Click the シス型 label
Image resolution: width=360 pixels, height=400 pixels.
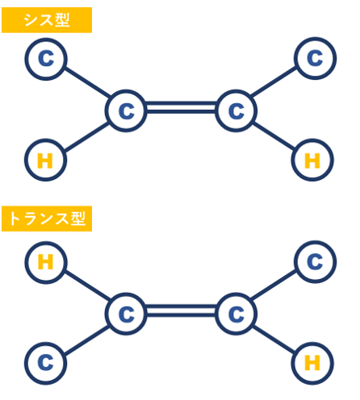(x=47, y=20)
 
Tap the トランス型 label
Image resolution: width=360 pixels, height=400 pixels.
(x=47, y=219)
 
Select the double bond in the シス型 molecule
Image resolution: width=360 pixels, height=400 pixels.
(x=181, y=107)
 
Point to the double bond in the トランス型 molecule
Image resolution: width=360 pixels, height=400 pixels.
(x=181, y=310)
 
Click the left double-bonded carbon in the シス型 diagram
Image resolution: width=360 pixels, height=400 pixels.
(x=126, y=110)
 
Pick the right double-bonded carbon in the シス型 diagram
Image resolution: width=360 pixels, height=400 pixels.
(x=237, y=110)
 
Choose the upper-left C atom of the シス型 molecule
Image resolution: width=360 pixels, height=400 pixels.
(x=46, y=59)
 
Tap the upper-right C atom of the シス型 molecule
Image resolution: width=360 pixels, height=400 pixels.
(x=315, y=58)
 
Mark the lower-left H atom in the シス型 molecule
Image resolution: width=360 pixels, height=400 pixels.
(x=45, y=160)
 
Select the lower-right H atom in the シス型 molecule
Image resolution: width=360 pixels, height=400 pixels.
(x=312, y=160)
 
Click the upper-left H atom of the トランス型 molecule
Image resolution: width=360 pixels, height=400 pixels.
(x=46, y=262)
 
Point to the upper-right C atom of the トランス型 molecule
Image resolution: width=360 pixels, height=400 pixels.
(x=315, y=262)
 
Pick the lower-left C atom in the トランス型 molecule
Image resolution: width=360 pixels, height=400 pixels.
(x=45, y=364)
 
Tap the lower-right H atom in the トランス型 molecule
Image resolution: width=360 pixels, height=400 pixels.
(x=312, y=364)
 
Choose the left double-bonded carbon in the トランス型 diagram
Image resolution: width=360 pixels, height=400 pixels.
(x=126, y=314)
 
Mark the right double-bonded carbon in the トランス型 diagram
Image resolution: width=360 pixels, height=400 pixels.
(x=237, y=314)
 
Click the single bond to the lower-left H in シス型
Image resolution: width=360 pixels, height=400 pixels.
(x=86, y=137)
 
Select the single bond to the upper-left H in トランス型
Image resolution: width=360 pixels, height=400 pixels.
(x=87, y=285)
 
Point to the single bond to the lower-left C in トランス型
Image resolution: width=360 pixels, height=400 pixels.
(x=86, y=340)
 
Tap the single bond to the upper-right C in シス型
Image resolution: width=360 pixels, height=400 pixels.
(x=274, y=81)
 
